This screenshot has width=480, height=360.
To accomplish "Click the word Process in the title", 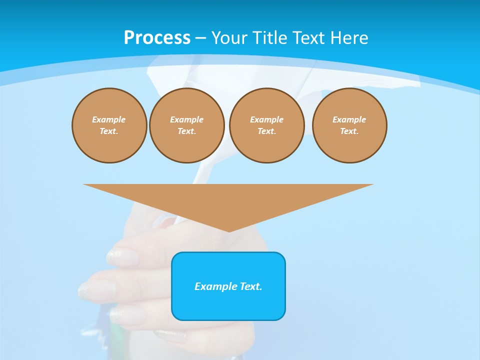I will coord(157,38).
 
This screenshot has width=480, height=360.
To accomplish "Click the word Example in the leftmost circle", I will coord(109,119).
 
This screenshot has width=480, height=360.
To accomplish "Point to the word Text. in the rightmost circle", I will coord(349,131).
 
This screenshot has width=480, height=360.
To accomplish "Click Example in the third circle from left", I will coord(266,119).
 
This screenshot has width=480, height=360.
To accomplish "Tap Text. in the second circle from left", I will coord(187,131).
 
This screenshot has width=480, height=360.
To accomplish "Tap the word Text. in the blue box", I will coord(250,286).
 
